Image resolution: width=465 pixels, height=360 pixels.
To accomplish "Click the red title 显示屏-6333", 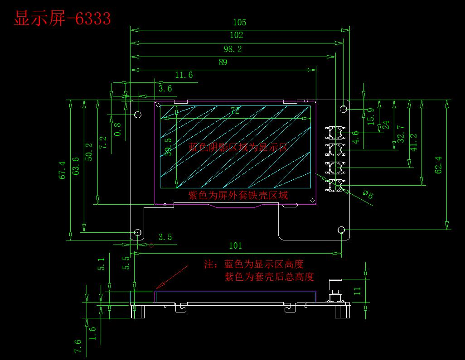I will pyautogui.click(x=63, y=19).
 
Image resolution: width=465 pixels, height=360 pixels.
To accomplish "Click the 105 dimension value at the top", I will pyautogui.click(x=239, y=23).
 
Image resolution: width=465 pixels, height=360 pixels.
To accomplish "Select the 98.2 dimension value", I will pyautogui.click(x=232, y=49).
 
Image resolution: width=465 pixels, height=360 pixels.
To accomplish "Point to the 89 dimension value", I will pyautogui.click(x=223, y=62).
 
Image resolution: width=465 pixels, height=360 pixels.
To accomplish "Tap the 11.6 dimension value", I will pyautogui.click(x=184, y=75).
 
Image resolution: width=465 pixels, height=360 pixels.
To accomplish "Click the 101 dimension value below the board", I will pyautogui.click(x=235, y=246).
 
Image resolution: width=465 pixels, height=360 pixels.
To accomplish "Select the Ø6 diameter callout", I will pyautogui.click(x=368, y=195).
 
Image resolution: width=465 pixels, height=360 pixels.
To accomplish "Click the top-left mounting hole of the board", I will pyautogui.click(x=138, y=115).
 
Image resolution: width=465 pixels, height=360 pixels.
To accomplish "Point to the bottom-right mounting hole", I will pyautogui.click(x=342, y=230).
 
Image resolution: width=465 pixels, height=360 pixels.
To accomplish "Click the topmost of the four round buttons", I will pyautogui.click(x=335, y=132).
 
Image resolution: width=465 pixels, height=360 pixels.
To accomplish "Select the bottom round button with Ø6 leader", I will pyautogui.click(x=335, y=185).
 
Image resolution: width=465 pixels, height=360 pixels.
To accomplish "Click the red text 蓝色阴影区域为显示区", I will pyautogui.click(x=237, y=147).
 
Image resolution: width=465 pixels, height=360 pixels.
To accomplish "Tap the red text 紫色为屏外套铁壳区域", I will pyautogui.click(x=237, y=195).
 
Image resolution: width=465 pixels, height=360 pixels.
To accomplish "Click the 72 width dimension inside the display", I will pyautogui.click(x=235, y=111).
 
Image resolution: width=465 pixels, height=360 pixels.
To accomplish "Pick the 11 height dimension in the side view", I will pyautogui.click(x=357, y=290).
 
